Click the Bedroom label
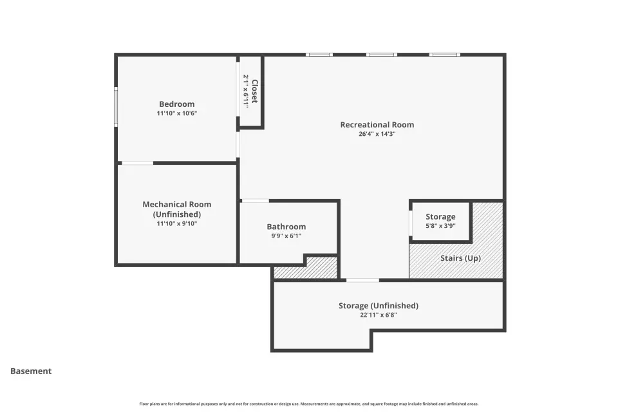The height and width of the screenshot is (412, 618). pyautogui.click(x=176, y=104)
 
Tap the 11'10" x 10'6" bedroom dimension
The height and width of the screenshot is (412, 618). pyautogui.click(x=176, y=113)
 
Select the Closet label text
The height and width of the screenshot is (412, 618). pyautogui.click(x=255, y=91)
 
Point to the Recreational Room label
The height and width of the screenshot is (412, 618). pyautogui.click(x=377, y=125)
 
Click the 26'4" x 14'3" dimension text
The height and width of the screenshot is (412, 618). pyautogui.click(x=377, y=134)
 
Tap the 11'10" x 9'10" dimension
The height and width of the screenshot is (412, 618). pyautogui.click(x=176, y=223)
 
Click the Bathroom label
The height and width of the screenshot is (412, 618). pyautogui.click(x=286, y=227)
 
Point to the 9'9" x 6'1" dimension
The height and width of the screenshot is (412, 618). pyautogui.click(x=286, y=236)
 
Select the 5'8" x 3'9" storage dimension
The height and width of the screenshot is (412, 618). pyautogui.click(x=440, y=226)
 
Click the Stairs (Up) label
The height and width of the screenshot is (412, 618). pyautogui.click(x=460, y=258)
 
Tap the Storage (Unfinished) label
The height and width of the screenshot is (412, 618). pyautogui.click(x=379, y=306)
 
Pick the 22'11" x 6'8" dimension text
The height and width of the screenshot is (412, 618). pyautogui.click(x=379, y=315)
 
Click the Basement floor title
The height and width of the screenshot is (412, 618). pyautogui.click(x=31, y=371)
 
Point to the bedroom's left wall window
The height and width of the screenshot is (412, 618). pyautogui.click(x=116, y=106)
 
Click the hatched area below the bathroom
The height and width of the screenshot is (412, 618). pyautogui.click(x=306, y=268)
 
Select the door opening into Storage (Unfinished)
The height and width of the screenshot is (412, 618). pyautogui.click(x=362, y=280)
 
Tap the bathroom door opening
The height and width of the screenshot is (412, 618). pyautogui.click(x=255, y=201)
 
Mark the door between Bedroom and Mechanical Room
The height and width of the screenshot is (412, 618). pyautogui.click(x=138, y=163)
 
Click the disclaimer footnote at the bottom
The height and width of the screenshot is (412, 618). pyautogui.click(x=308, y=404)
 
